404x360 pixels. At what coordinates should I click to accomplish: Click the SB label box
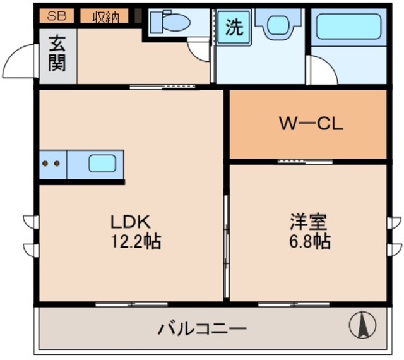(x=57, y=16)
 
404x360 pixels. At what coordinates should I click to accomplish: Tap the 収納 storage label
(x=104, y=16)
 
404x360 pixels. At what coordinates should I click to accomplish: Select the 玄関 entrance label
(x=57, y=55)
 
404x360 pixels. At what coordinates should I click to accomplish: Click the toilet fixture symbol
(x=171, y=23)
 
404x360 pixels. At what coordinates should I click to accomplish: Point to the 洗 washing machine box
(x=234, y=28)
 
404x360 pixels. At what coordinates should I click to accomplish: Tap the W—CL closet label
(x=311, y=124)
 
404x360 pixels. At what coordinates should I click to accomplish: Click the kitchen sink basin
(x=102, y=164)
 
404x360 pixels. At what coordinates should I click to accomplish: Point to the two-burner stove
(x=52, y=164)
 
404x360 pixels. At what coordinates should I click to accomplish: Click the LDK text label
(x=130, y=222)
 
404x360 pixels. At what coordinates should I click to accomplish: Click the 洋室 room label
(x=308, y=222)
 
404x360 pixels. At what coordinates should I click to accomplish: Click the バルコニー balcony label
(x=201, y=328)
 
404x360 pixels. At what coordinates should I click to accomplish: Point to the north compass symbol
(x=362, y=325)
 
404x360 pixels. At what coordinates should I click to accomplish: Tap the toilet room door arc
(x=199, y=51)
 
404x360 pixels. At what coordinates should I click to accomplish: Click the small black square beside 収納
(x=138, y=16)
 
